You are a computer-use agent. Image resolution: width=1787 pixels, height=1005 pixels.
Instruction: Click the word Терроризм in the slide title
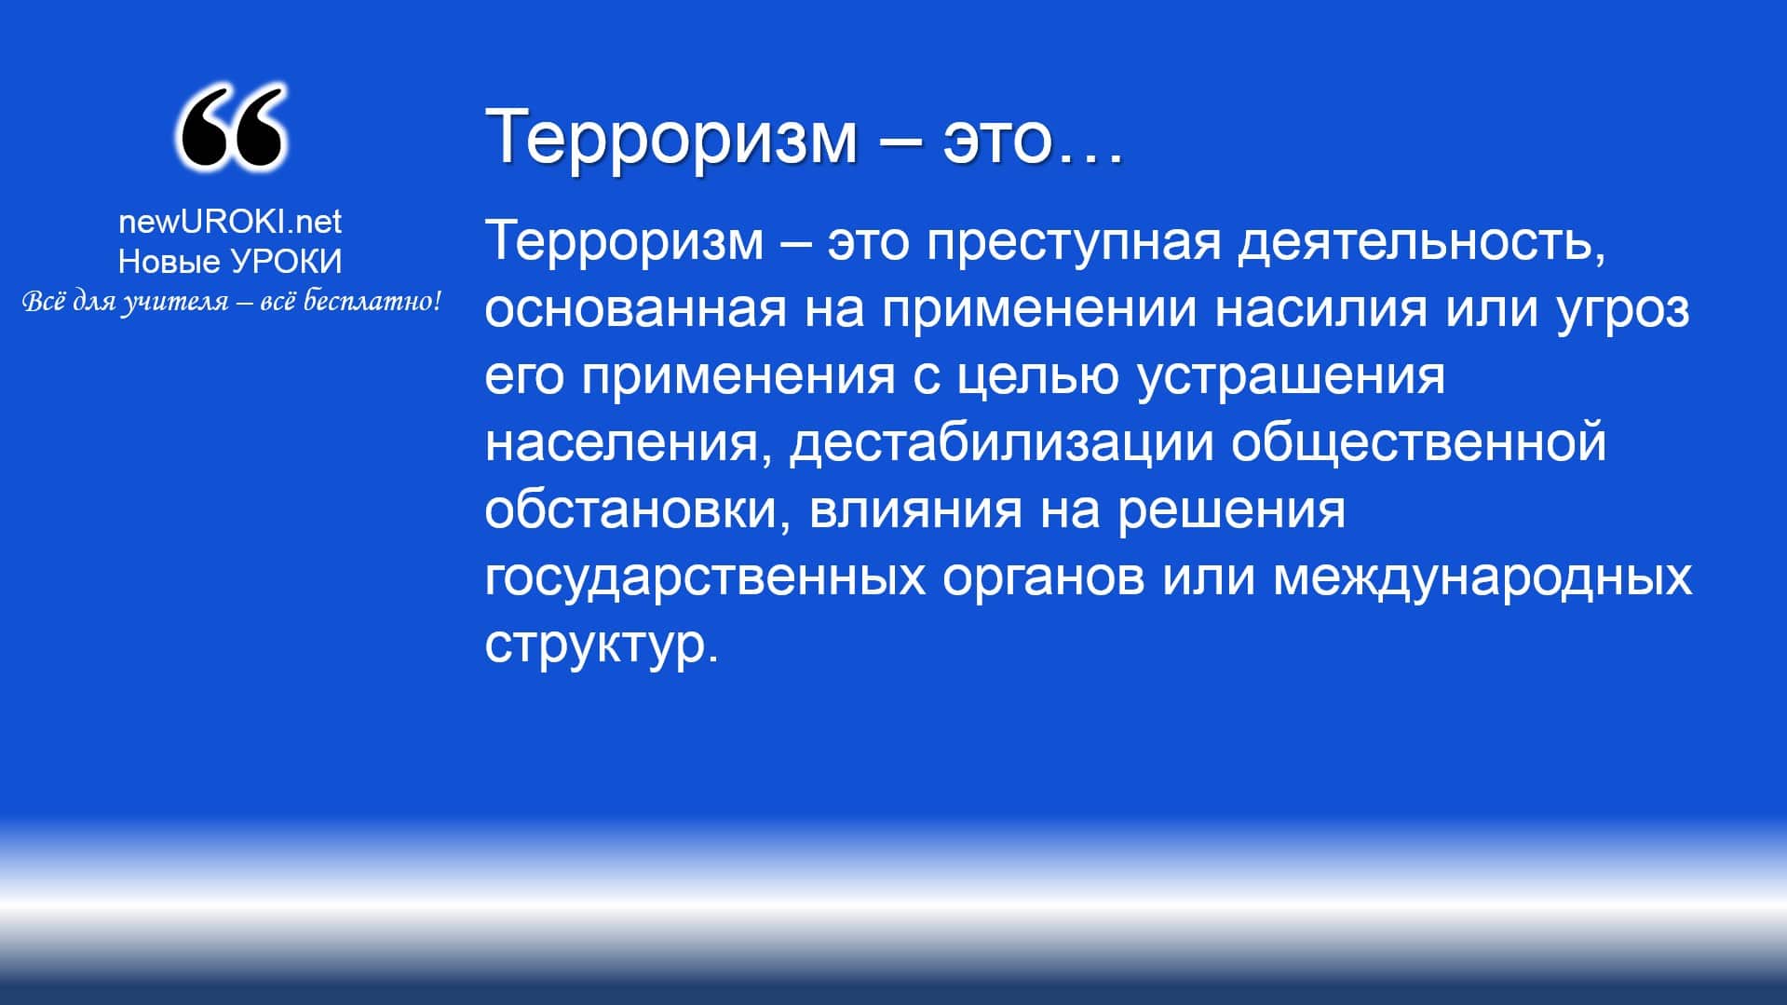point(670,136)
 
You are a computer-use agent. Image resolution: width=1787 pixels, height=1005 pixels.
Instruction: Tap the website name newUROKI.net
point(230,222)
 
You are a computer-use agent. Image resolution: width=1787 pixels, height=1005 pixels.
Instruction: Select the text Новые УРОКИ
point(230,262)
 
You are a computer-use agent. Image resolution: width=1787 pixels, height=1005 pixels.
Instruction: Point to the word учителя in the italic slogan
point(174,302)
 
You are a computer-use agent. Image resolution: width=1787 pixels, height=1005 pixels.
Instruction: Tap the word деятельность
point(1422,241)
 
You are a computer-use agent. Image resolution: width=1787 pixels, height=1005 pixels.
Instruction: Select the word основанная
point(636,309)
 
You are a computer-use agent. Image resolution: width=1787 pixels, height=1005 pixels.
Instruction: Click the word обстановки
point(630,510)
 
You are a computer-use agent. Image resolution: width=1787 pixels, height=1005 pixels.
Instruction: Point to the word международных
point(1482,577)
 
